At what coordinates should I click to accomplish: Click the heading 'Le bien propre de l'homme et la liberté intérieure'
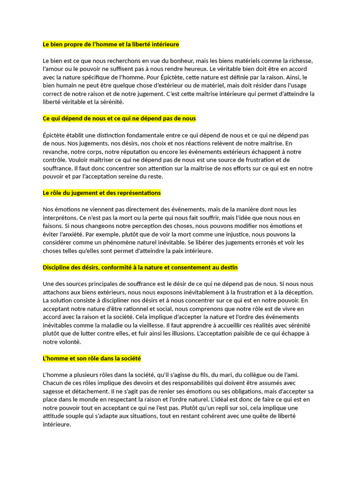(111, 45)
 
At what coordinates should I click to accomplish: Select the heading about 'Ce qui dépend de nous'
(119, 119)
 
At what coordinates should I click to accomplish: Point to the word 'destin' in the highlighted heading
(228, 267)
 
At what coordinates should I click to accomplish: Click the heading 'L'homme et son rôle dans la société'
(92, 359)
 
